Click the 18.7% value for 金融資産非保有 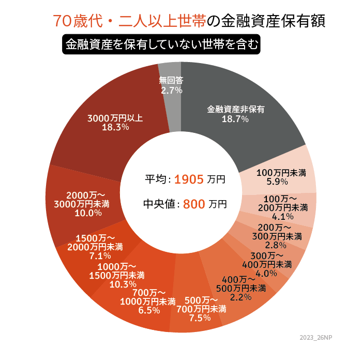click(235, 119)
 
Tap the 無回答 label click(171, 80)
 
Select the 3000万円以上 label click(115, 117)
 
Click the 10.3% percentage click(123, 284)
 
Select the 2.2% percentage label click(240, 297)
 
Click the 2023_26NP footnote click(316, 337)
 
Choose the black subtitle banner click(160, 44)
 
